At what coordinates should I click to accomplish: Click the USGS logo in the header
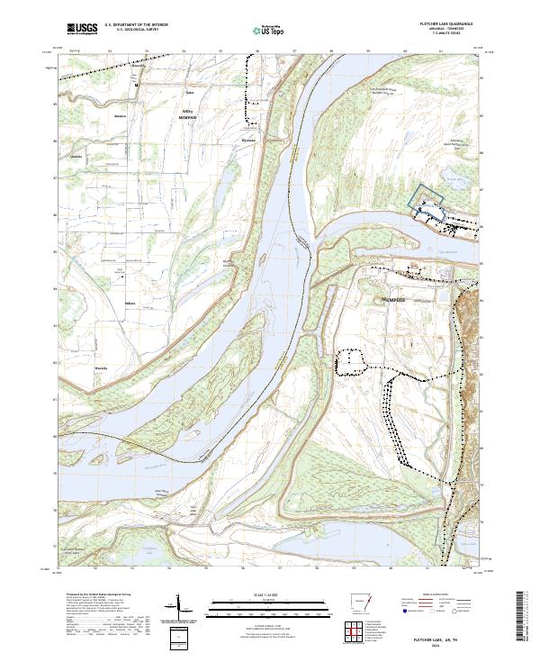tap(81, 30)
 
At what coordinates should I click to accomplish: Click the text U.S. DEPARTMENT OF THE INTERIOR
tap(136, 25)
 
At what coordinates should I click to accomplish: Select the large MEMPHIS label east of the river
tap(393, 297)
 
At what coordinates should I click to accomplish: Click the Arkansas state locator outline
tap(356, 603)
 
